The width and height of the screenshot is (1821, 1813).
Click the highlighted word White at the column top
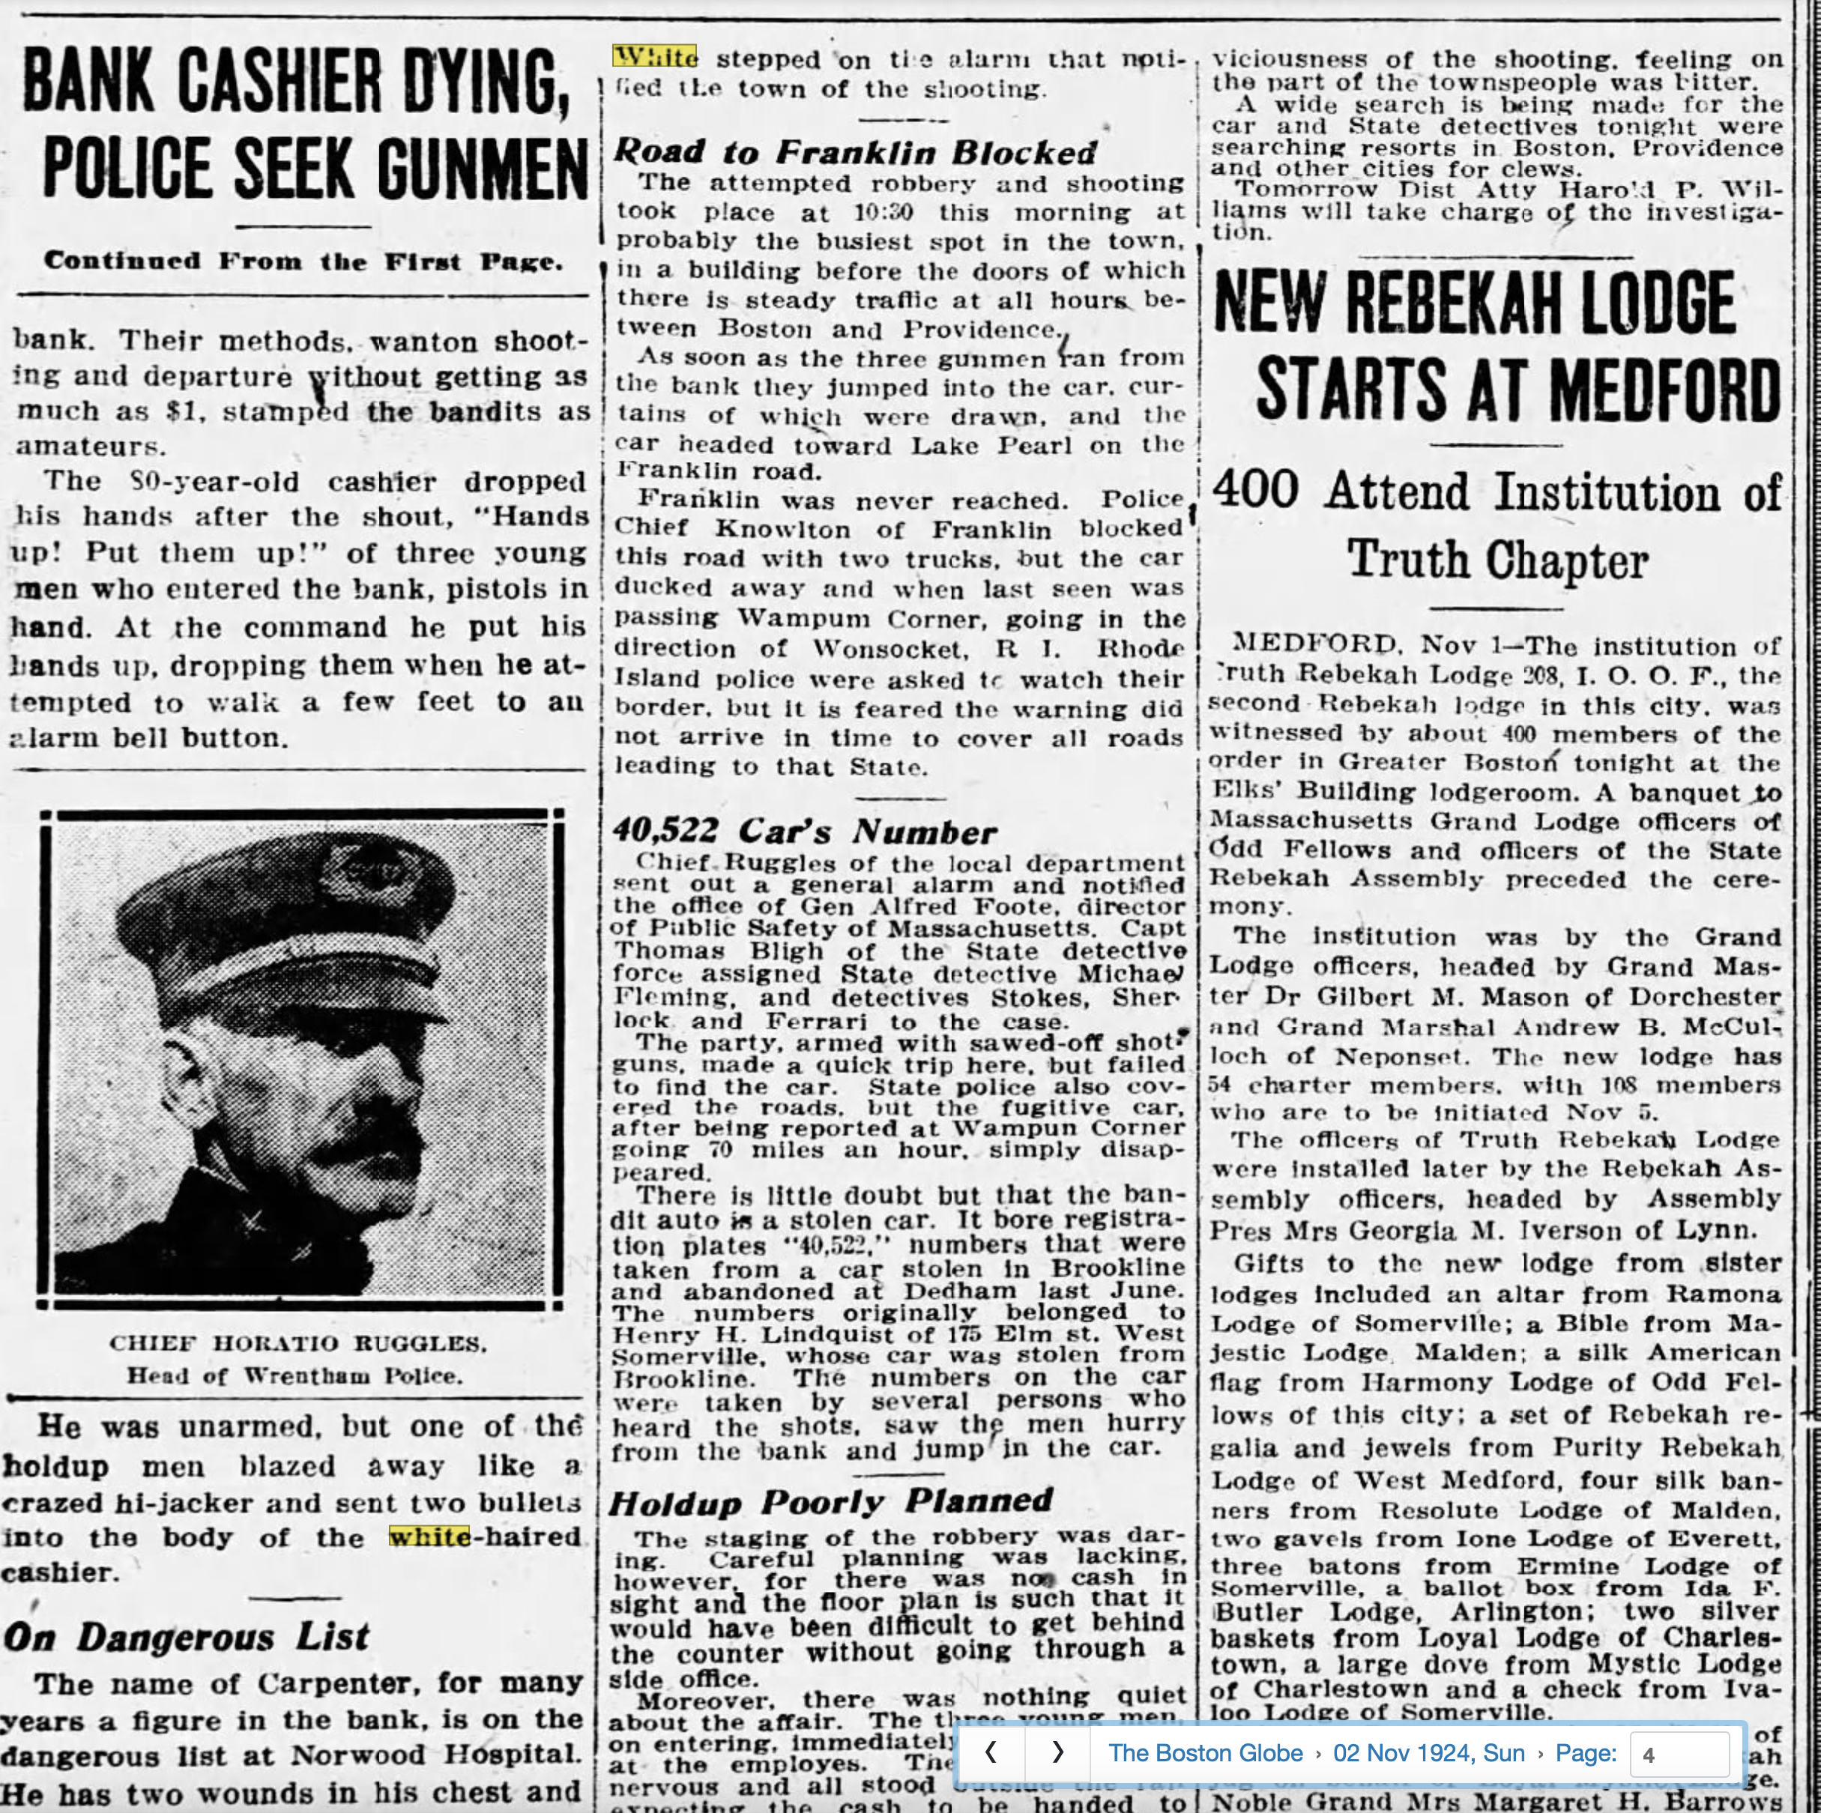click(655, 58)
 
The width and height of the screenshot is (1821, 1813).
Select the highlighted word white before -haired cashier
click(430, 1537)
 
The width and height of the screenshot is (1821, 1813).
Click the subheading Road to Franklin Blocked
click(855, 152)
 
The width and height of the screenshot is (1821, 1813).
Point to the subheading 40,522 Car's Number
click(804, 831)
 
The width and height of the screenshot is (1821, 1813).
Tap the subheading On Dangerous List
click(186, 1637)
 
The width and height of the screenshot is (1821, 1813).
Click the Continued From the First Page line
click(303, 261)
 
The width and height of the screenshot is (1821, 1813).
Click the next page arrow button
click(1057, 1753)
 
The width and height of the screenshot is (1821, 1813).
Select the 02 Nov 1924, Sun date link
click(1428, 1753)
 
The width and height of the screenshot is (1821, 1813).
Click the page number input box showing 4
click(1679, 1754)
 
